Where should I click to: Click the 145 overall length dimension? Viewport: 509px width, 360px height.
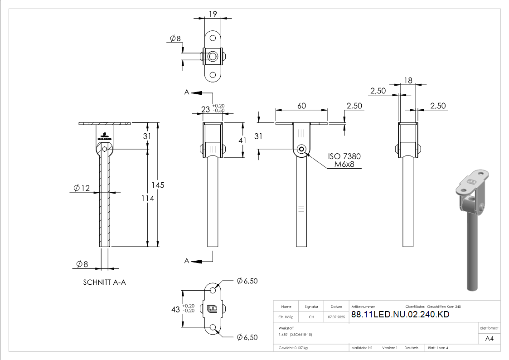pos(158,185)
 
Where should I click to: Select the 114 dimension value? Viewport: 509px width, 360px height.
pos(148,198)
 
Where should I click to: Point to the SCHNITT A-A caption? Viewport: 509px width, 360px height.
pos(104,282)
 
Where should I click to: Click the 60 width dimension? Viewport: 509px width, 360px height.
pos(301,106)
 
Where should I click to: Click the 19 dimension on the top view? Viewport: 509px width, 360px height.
pos(211,14)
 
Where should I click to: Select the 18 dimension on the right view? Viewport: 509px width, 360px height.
pos(407,80)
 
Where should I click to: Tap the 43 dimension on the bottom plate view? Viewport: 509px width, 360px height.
pos(175,309)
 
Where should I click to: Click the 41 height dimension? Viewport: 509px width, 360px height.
pos(242,141)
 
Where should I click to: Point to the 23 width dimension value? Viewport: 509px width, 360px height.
pos(206,109)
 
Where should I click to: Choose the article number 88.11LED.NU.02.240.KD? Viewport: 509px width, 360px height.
pos(400,315)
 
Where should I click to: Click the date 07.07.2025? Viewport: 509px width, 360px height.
pos(336,317)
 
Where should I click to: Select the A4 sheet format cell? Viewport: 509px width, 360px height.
pos(489,338)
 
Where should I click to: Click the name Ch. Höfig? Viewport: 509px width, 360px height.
pos(286,317)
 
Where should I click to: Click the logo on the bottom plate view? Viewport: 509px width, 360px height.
pos(212,310)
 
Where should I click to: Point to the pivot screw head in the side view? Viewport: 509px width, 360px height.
pos(301,150)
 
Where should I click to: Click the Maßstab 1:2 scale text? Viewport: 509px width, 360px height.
pos(362,348)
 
